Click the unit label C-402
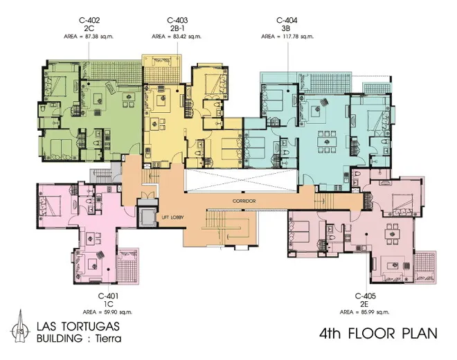[x=89, y=20]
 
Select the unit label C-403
[x=177, y=20]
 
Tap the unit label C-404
[x=287, y=20]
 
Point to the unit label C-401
[x=108, y=296]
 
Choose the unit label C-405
[x=365, y=296]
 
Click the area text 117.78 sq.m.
[x=296, y=37]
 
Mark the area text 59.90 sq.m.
[x=116, y=312]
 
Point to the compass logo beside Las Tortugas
[x=20, y=327]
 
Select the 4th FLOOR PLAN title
[x=378, y=334]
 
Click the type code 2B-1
[x=177, y=28]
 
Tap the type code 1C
[x=109, y=305]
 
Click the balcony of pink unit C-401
[x=128, y=266]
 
